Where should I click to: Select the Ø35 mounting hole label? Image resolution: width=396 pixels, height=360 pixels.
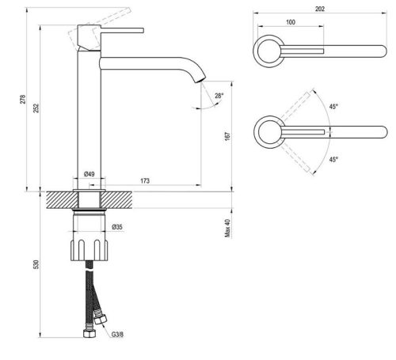117,228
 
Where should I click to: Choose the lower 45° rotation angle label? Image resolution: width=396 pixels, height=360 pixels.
333,159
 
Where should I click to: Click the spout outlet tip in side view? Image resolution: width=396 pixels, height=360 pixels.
200,81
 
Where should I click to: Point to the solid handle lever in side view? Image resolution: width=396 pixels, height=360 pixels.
120,30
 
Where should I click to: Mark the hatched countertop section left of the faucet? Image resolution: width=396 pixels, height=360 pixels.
60,198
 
